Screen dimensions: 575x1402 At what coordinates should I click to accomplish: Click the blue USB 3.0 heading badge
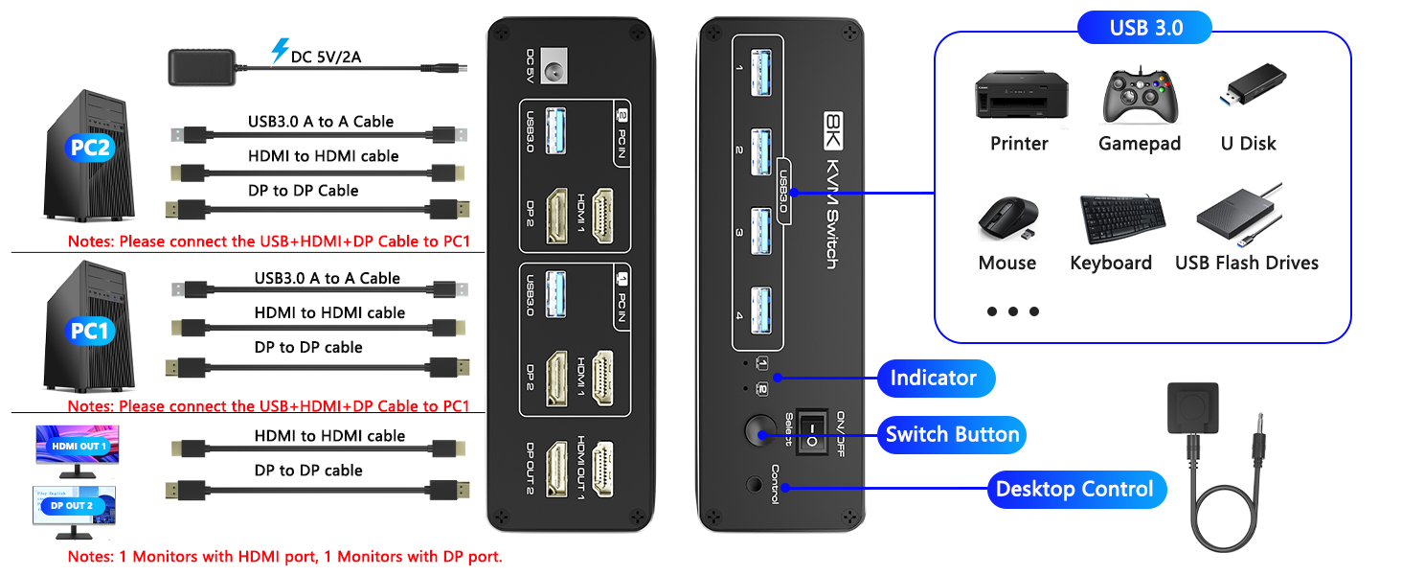(x=1145, y=27)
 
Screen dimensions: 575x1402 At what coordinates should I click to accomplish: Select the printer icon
(x=1018, y=96)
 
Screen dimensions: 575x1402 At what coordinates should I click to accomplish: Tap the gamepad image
(x=1139, y=97)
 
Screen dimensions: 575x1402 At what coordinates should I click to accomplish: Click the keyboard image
(x=1122, y=219)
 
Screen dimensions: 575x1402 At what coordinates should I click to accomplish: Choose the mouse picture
(x=1007, y=218)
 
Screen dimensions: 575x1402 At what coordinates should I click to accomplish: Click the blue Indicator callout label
(x=936, y=378)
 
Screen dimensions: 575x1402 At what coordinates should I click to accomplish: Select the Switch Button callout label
(x=952, y=435)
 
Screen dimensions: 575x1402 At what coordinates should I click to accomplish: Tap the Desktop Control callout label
(x=1074, y=490)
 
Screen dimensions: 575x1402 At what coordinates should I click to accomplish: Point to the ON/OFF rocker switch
(x=813, y=433)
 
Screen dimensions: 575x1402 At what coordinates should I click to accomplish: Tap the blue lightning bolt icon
(x=279, y=51)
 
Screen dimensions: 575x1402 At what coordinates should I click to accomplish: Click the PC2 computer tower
(x=91, y=153)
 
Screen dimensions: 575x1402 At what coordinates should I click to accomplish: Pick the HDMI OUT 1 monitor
(x=79, y=449)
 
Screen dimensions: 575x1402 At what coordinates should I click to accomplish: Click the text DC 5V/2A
(x=326, y=57)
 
